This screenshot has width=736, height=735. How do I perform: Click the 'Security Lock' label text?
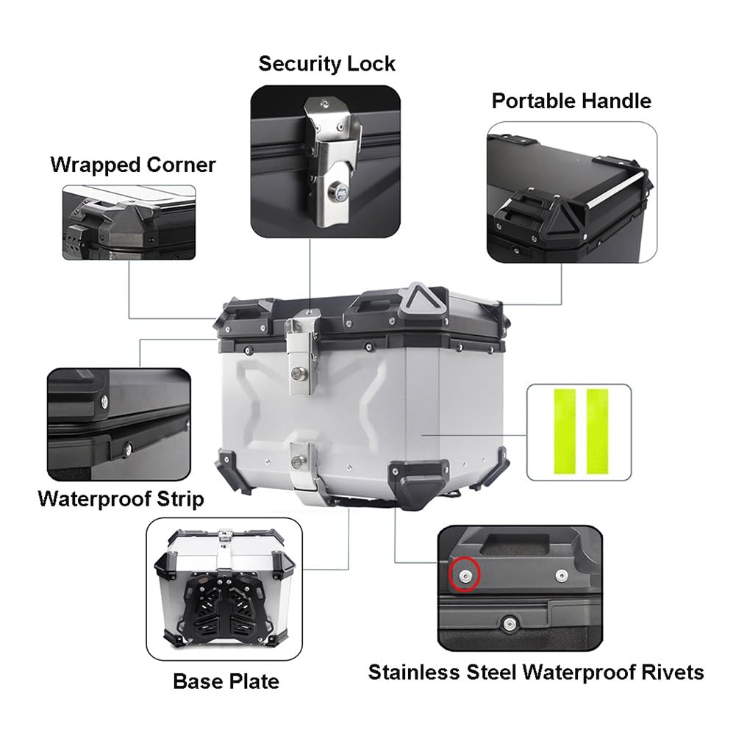(x=326, y=64)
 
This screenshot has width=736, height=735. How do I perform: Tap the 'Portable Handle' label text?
(x=571, y=101)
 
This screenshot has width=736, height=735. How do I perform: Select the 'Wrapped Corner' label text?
(x=133, y=165)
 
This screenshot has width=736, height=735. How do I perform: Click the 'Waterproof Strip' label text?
(x=121, y=500)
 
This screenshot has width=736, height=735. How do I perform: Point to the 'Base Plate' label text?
(x=226, y=681)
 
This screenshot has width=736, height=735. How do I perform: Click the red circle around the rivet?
(x=465, y=574)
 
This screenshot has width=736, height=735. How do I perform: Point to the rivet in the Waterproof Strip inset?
(x=129, y=445)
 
